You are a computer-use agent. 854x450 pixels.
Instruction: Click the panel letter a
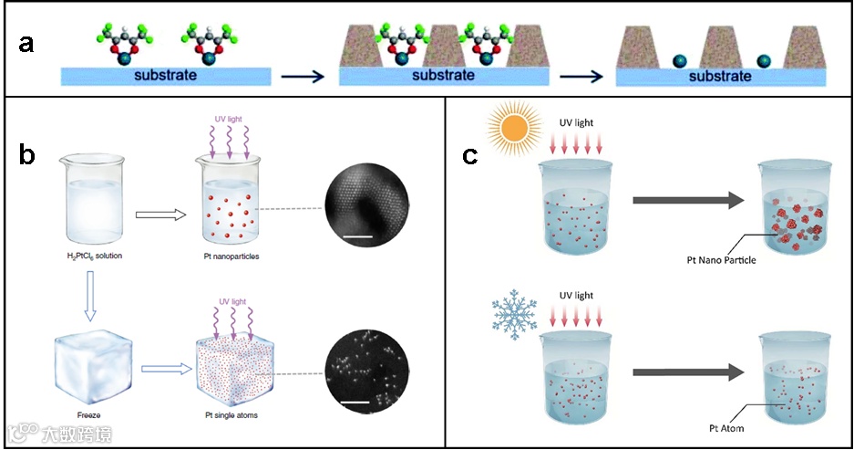click(x=26, y=43)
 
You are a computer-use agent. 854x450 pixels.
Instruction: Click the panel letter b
click(x=27, y=154)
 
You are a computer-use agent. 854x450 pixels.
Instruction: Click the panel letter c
click(x=470, y=155)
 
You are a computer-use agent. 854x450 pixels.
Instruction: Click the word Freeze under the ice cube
click(x=87, y=416)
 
